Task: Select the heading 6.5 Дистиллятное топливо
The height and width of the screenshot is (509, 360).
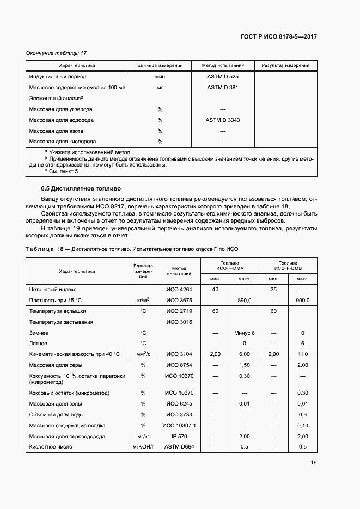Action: tap(77, 188)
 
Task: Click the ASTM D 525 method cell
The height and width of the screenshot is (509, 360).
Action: tap(222, 77)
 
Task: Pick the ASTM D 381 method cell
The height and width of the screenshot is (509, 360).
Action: tap(222, 87)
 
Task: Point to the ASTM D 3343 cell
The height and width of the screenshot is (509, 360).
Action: tap(222, 120)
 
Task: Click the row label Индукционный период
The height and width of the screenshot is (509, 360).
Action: tap(58, 77)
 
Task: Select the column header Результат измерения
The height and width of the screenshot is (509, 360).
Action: tap(285, 65)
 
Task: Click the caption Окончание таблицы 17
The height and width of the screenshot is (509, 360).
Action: tap(57, 53)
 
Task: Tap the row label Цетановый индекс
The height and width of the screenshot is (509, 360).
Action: tap(53, 290)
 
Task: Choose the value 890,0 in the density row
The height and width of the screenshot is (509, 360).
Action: tap(244, 300)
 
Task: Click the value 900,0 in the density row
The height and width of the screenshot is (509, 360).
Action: tap(302, 300)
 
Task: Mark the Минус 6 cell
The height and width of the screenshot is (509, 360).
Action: tap(244, 333)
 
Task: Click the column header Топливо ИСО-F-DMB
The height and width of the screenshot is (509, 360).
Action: tap(288, 265)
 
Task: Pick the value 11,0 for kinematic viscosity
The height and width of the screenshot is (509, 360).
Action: tap(302, 354)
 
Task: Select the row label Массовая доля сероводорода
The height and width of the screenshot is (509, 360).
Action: tap(70, 436)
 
